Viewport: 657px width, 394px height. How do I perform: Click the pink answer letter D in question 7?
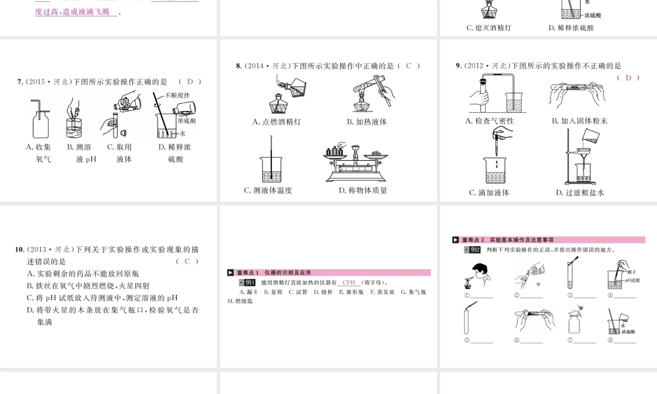click(190, 81)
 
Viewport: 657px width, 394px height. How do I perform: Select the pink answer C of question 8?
click(408, 66)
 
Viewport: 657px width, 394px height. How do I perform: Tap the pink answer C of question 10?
click(187, 261)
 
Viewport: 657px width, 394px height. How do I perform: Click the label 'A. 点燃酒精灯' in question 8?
click(277, 121)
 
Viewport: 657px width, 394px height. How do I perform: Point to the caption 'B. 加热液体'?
click(367, 121)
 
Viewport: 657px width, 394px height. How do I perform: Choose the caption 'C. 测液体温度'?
click(268, 190)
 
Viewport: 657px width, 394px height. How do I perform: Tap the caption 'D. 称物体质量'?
click(363, 190)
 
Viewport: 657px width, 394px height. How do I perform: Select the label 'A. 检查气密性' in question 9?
click(489, 121)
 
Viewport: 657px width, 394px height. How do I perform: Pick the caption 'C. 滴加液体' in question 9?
click(489, 192)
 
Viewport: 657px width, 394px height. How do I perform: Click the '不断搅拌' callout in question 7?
click(177, 95)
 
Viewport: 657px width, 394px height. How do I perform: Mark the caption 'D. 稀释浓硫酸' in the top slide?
click(571, 28)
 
